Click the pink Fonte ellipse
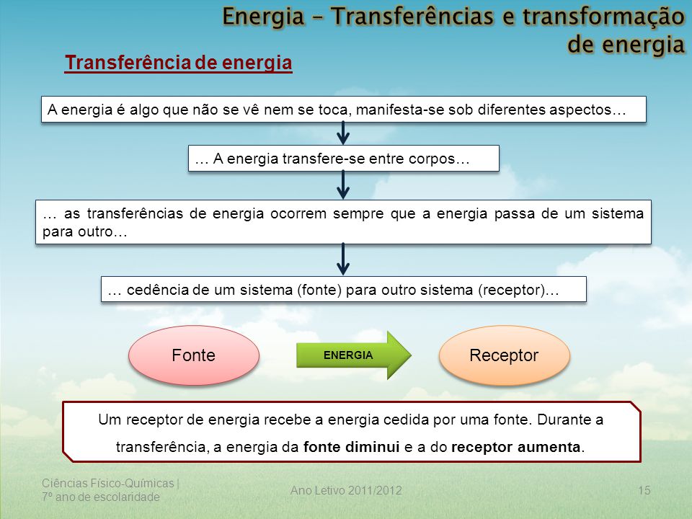(194, 355)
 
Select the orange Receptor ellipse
(505, 355)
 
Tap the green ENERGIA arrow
(353, 355)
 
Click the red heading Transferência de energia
(178, 63)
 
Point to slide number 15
(644, 490)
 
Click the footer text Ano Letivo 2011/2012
(346, 490)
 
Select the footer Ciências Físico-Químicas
(108, 483)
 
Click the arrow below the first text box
(343, 133)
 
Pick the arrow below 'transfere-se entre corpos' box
(343, 185)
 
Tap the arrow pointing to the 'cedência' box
(343, 259)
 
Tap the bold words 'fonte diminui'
(351, 447)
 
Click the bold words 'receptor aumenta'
(515, 448)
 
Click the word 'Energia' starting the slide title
(264, 17)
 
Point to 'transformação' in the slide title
(603, 17)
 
